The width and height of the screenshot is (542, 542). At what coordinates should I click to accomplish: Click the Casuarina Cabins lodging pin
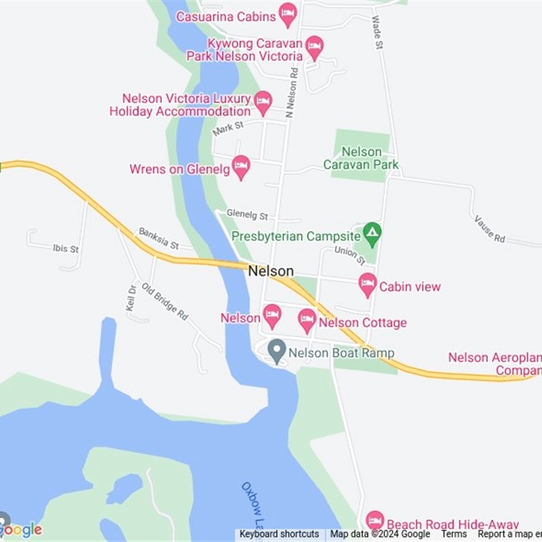288,14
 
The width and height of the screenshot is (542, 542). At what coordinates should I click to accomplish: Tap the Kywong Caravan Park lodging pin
314,47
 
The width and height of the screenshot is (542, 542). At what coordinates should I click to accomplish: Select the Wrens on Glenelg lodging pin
241,167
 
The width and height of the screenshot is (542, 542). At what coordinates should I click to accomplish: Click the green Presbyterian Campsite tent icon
371,234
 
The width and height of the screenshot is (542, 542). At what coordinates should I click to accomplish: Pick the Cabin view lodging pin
367,285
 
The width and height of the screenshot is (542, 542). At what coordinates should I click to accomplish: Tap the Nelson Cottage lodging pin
307,320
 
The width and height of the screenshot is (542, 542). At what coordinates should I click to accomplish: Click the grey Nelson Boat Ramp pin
276,352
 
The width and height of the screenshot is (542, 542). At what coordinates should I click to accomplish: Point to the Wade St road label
376,32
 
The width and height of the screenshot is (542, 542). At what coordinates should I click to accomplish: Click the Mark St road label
227,128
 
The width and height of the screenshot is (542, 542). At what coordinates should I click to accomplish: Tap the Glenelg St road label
247,215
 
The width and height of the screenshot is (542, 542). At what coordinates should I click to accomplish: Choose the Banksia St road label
158,238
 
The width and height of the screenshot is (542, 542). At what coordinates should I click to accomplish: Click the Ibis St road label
66,249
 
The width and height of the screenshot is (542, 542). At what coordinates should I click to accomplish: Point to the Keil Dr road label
131,298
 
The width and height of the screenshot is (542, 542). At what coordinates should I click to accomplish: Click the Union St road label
350,255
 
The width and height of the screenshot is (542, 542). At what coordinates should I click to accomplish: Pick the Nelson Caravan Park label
361,158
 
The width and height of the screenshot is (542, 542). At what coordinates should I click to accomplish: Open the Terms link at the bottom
454,534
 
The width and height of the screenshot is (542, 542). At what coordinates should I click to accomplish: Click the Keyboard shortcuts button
279,534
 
